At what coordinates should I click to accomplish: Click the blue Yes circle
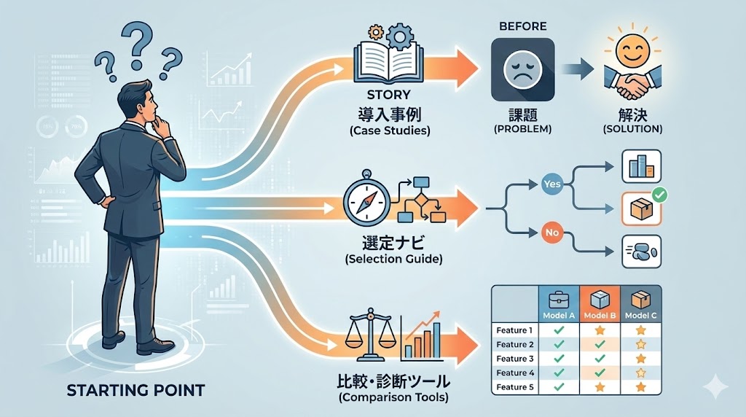point(552,184)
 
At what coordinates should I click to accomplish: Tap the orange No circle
point(551,233)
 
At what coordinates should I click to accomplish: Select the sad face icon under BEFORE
point(522,69)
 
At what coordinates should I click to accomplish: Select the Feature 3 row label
point(515,359)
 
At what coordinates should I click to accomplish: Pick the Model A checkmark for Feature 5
point(558,386)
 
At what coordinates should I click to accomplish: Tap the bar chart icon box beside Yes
point(640,167)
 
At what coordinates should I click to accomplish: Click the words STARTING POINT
point(136,390)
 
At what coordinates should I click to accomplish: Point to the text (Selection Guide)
point(394,258)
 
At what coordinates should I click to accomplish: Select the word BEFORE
point(522,26)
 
